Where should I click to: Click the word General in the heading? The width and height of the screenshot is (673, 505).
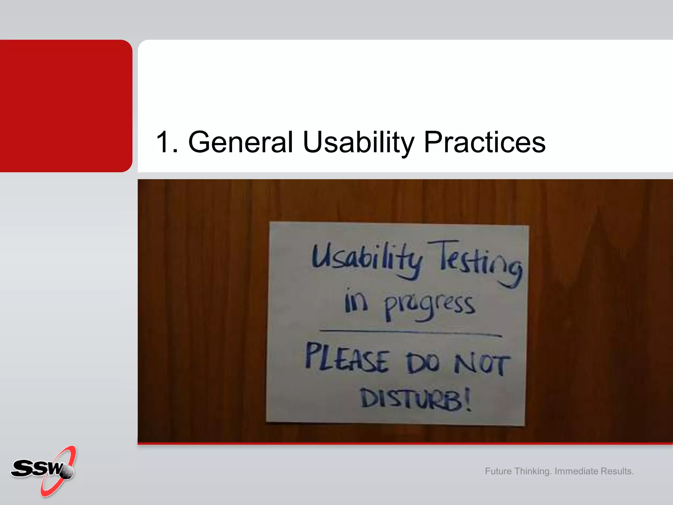240,142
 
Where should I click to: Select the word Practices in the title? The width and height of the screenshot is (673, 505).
484,142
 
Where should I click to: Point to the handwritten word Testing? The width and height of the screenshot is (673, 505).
476,263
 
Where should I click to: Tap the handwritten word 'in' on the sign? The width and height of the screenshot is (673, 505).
356,301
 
